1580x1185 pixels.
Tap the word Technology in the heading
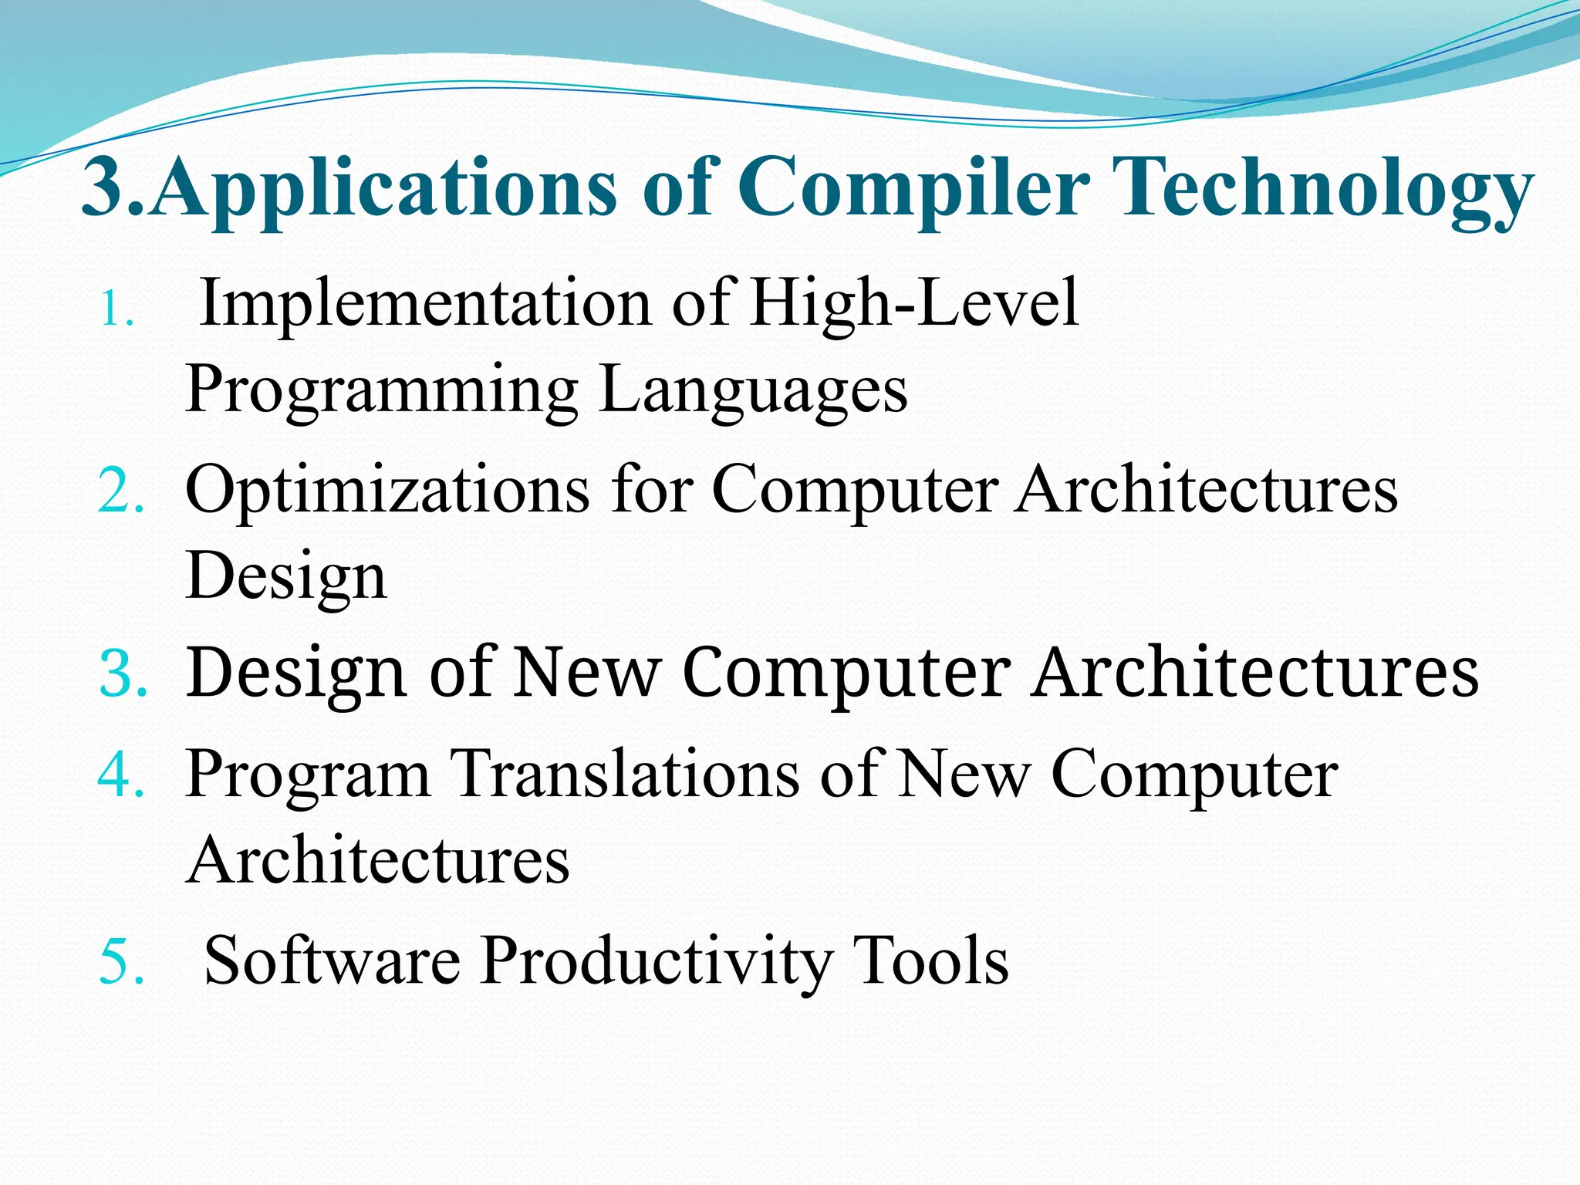point(1323,189)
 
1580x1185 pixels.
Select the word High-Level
point(914,305)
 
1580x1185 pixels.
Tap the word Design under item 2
point(285,577)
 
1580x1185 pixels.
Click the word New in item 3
point(586,674)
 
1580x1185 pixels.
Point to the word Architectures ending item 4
point(378,860)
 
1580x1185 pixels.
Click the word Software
point(332,960)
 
